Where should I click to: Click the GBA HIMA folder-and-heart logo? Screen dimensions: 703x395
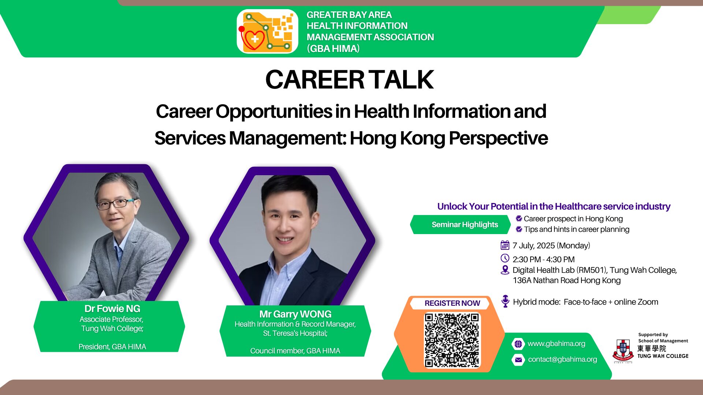tap(267, 31)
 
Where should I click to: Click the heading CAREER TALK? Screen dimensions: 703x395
tap(350, 79)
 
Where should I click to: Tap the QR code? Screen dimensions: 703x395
tap(452, 340)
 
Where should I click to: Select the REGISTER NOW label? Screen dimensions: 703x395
tap(452, 303)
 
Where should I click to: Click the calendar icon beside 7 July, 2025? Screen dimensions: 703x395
tap(505, 245)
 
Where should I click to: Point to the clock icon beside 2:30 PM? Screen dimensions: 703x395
tap(505, 258)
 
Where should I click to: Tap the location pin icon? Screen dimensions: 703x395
tap(505, 270)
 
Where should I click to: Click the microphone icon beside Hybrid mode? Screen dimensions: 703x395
tap(505, 301)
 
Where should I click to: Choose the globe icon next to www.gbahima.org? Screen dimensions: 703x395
tap(518, 344)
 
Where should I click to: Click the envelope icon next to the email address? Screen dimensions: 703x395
tap(518, 360)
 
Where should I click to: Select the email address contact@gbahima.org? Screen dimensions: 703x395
tap(562, 360)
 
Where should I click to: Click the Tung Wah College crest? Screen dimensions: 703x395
tap(623, 350)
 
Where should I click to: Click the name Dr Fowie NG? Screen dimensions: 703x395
tap(112, 309)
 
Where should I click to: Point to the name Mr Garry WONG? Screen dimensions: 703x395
tap(295, 314)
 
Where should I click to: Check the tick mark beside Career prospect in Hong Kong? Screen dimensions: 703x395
tap(519, 219)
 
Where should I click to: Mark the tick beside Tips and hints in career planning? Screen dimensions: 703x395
tap(519, 229)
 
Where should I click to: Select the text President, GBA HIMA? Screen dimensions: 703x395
tap(112, 347)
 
